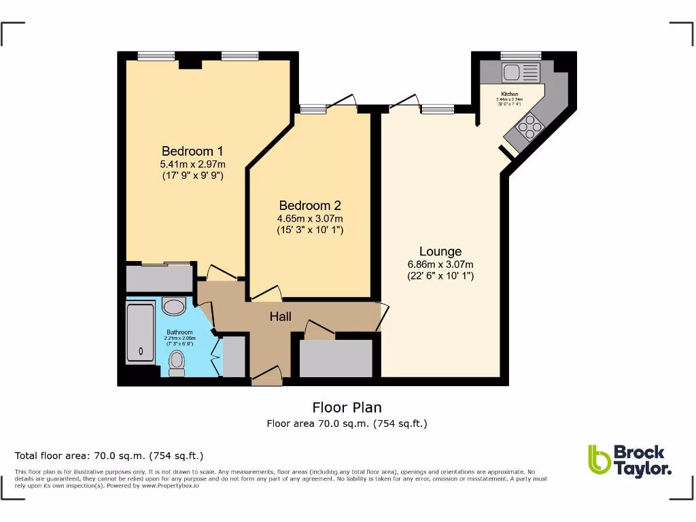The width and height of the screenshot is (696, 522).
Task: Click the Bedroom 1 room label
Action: coord(192,151)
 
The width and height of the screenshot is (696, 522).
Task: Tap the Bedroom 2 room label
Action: coord(310,205)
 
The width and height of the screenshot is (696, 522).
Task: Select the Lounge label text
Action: coord(440,251)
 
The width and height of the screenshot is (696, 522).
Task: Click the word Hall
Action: coord(281,317)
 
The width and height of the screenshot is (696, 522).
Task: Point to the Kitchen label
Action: coord(510,94)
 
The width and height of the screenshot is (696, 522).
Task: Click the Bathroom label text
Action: coord(179,332)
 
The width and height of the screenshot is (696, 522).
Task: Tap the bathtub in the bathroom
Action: coord(141,333)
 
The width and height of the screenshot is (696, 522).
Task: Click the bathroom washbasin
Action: coord(175,307)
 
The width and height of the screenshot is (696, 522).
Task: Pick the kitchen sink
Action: coord(520,71)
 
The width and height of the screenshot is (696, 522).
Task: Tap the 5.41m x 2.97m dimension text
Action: coord(192,164)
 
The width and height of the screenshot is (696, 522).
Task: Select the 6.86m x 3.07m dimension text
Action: coord(440,264)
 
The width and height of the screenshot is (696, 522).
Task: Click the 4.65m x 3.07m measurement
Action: coord(310,218)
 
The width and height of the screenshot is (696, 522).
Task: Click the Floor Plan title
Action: coord(347,408)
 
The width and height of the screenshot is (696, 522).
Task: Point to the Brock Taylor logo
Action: coord(630,460)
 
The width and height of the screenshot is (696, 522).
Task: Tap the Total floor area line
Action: coord(109,455)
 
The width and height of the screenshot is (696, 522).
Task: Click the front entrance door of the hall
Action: coord(266,376)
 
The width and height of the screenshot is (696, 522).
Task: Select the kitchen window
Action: coord(521,55)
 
